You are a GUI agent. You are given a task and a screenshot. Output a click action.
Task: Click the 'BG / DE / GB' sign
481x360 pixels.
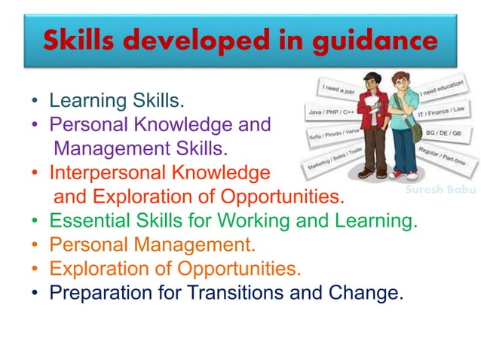click(x=445, y=133)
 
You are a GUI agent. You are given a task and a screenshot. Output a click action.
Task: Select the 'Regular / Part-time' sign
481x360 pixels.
click(x=441, y=154)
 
